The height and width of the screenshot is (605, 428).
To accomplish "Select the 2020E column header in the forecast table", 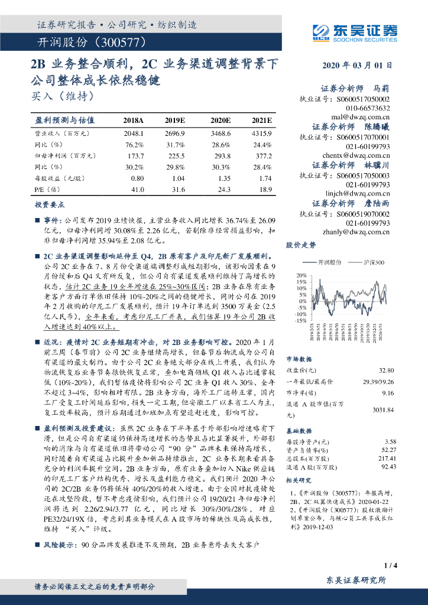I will click(221, 121).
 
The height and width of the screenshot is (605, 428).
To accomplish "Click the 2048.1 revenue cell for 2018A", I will click(134, 134).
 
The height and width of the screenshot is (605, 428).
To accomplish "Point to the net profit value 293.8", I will click(222, 156).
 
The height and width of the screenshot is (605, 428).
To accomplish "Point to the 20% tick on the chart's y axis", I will click(301, 276).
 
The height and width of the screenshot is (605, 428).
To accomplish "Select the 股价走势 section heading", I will click(301, 245).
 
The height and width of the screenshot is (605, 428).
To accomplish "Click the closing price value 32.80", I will click(385, 370).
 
